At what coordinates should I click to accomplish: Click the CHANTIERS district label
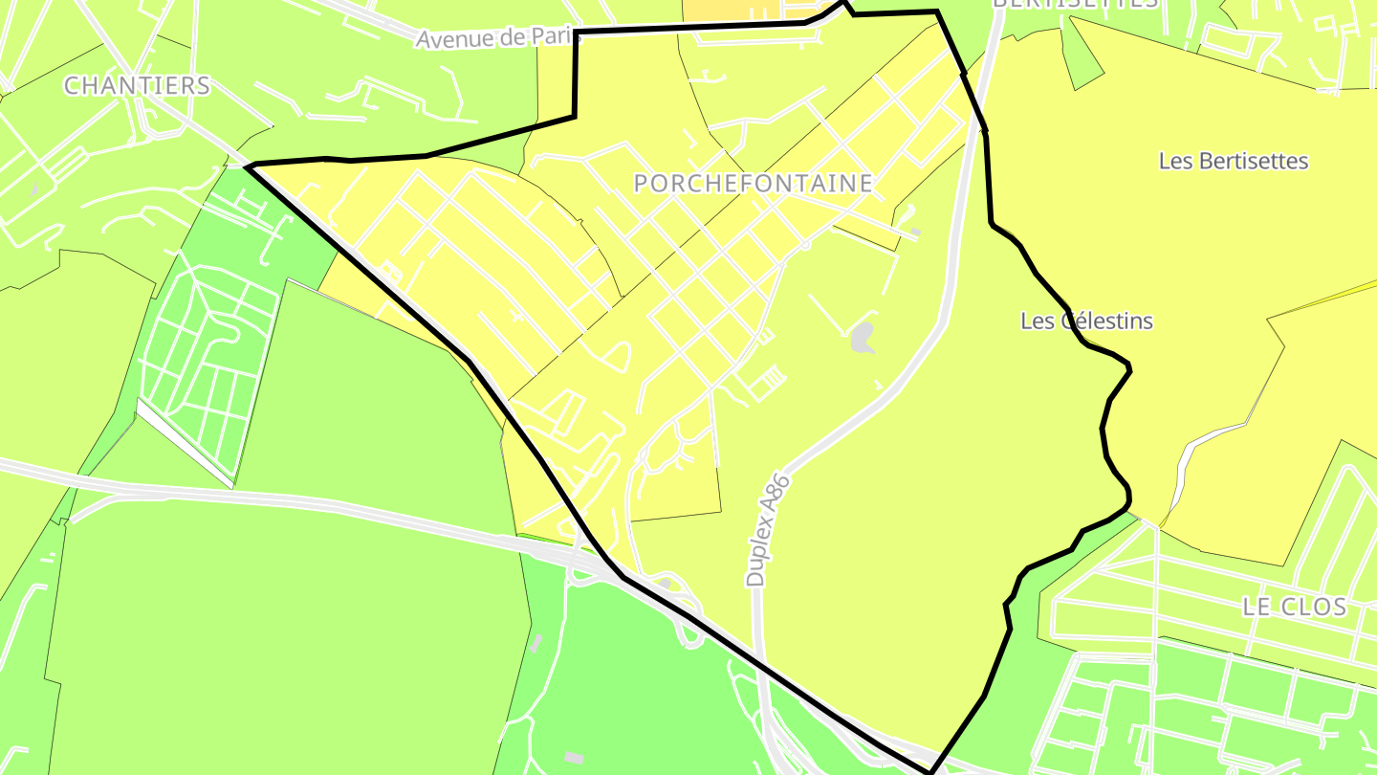point(137,85)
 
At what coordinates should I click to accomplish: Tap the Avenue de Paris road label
point(497,38)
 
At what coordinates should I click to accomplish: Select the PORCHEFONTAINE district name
point(754,183)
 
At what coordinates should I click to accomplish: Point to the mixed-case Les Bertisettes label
point(1233,161)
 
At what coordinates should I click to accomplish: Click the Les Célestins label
point(1086,321)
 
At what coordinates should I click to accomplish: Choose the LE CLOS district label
point(1294,606)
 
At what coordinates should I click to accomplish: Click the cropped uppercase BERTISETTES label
point(1075,4)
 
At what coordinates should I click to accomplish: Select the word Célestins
point(1106,321)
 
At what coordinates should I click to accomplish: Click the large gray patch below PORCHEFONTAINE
point(862,337)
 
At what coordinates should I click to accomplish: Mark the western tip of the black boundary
point(248,166)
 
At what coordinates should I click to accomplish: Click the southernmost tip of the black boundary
point(929,770)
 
